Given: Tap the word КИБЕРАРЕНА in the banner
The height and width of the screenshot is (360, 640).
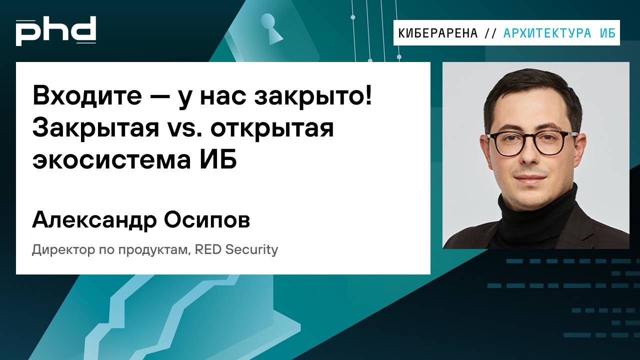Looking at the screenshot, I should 438,33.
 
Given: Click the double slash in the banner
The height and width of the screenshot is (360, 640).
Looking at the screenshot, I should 490,33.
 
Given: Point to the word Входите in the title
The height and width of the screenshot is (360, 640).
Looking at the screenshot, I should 87,96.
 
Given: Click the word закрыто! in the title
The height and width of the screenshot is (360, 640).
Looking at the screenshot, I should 313,96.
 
